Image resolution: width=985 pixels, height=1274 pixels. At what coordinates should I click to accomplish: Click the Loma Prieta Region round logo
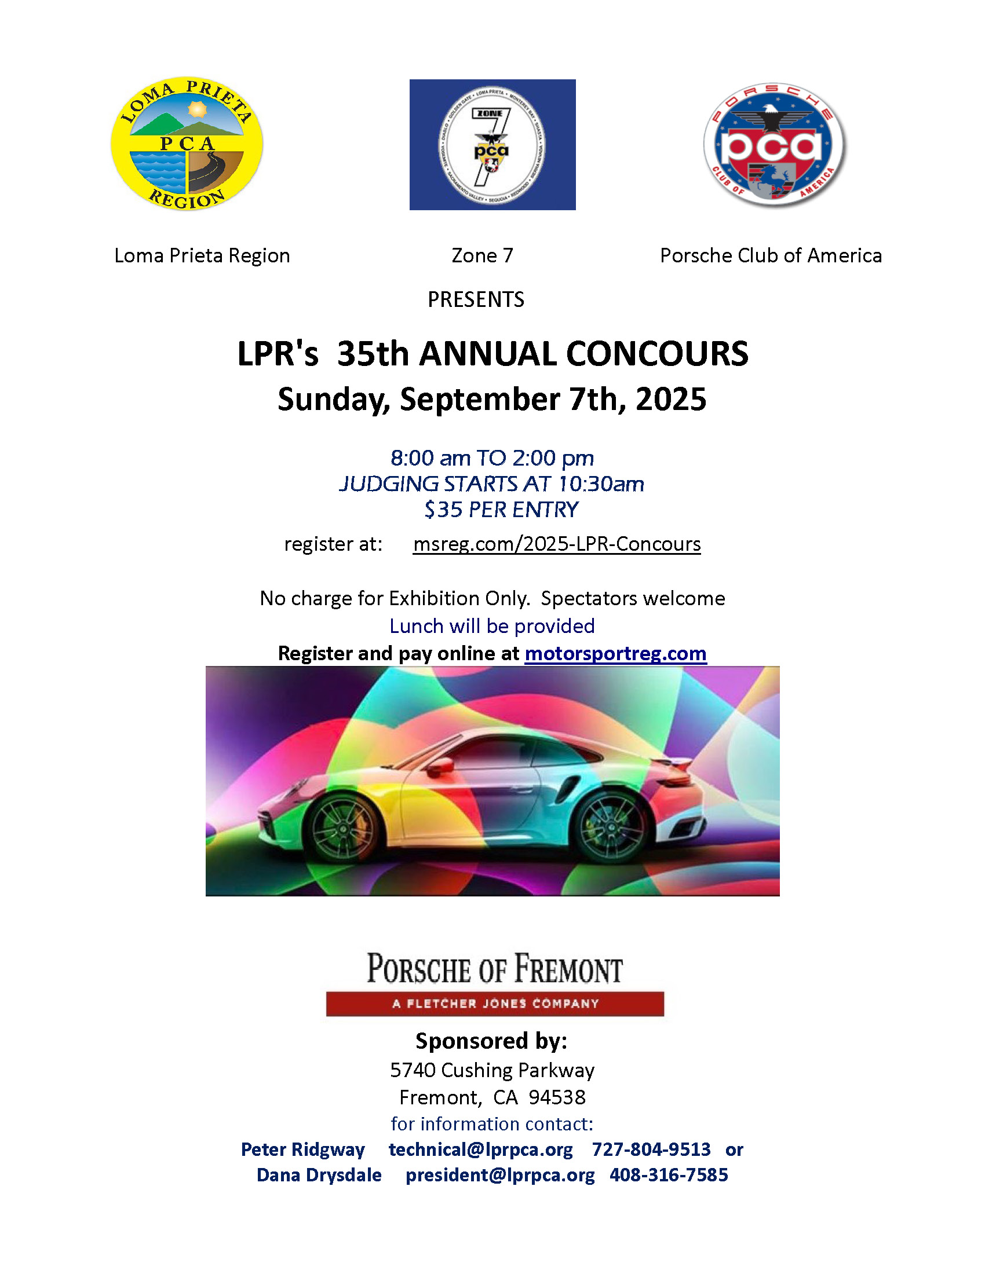pos(187,144)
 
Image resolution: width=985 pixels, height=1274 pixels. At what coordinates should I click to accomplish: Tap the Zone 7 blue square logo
pos(492,145)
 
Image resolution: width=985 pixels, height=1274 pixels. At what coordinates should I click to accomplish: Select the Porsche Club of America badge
pos(774,145)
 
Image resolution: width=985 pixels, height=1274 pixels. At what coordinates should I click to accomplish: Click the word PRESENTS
pos(476,299)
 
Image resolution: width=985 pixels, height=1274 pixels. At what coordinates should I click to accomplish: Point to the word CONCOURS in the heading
pos(657,354)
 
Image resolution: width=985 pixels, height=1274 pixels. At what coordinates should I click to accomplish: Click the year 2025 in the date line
pos(670,400)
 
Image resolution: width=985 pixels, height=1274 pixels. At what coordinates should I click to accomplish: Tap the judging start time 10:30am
pos(601,484)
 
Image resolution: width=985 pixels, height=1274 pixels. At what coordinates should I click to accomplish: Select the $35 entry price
pos(443,510)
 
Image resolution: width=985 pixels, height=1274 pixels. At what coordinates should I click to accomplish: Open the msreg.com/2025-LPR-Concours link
pos(556,544)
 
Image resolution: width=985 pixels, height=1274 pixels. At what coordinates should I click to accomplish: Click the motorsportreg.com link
pos(615,653)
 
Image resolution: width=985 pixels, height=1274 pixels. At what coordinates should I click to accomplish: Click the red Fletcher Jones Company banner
pos(494,1004)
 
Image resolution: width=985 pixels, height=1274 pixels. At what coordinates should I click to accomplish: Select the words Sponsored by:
pos(491,1041)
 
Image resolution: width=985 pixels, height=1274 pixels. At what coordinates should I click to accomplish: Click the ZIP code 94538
pos(557,1097)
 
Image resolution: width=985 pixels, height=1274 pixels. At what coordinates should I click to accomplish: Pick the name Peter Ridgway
pos(302,1149)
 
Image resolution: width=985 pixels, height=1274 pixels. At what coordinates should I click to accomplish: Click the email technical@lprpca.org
pos(480,1149)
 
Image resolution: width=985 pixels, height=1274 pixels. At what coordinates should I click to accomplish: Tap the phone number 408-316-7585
pos(668,1175)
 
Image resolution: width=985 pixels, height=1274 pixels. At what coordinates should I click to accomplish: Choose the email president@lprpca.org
pos(499,1175)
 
